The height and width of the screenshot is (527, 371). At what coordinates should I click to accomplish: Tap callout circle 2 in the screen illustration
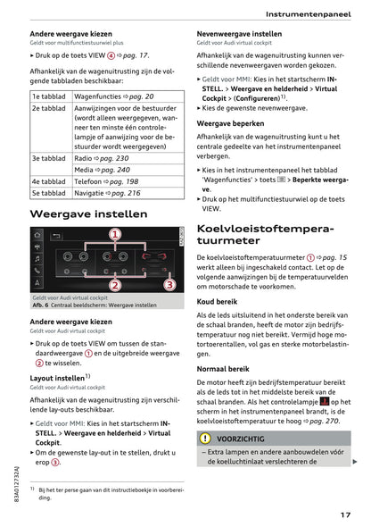point(115,285)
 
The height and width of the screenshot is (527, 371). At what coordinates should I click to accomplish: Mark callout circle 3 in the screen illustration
point(169,285)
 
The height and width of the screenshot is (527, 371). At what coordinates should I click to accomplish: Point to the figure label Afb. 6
point(43,304)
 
